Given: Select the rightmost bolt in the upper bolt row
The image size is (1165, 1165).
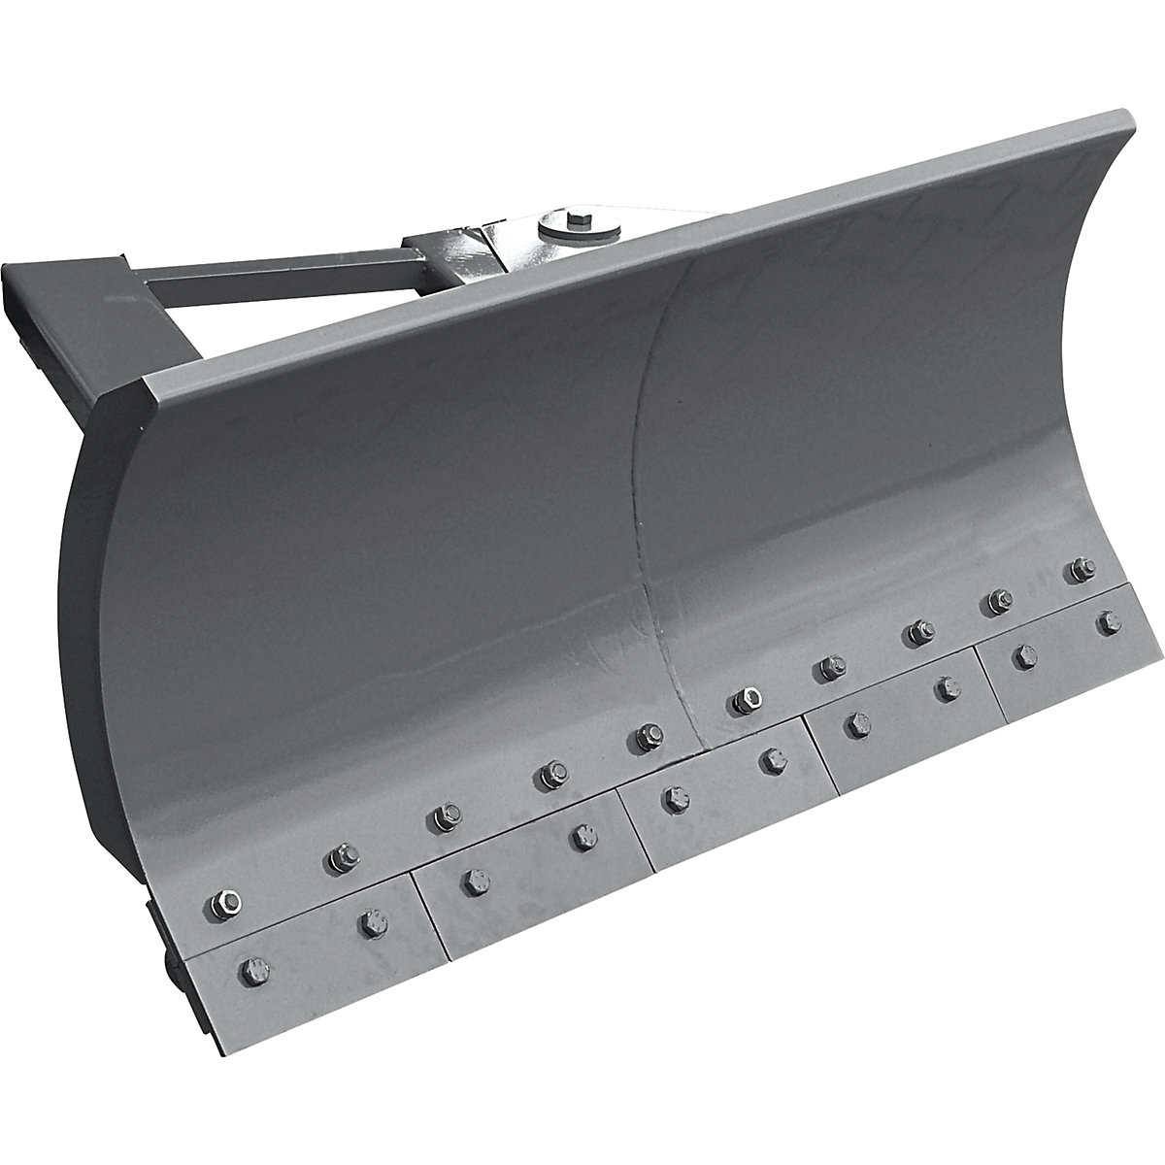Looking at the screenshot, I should pyautogui.click(x=1079, y=570).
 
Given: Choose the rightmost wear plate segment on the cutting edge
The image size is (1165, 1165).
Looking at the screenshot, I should pyautogui.click(x=1068, y=646).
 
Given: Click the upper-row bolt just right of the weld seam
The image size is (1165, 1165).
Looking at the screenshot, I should pyautogui.click(x=745, y=699).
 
